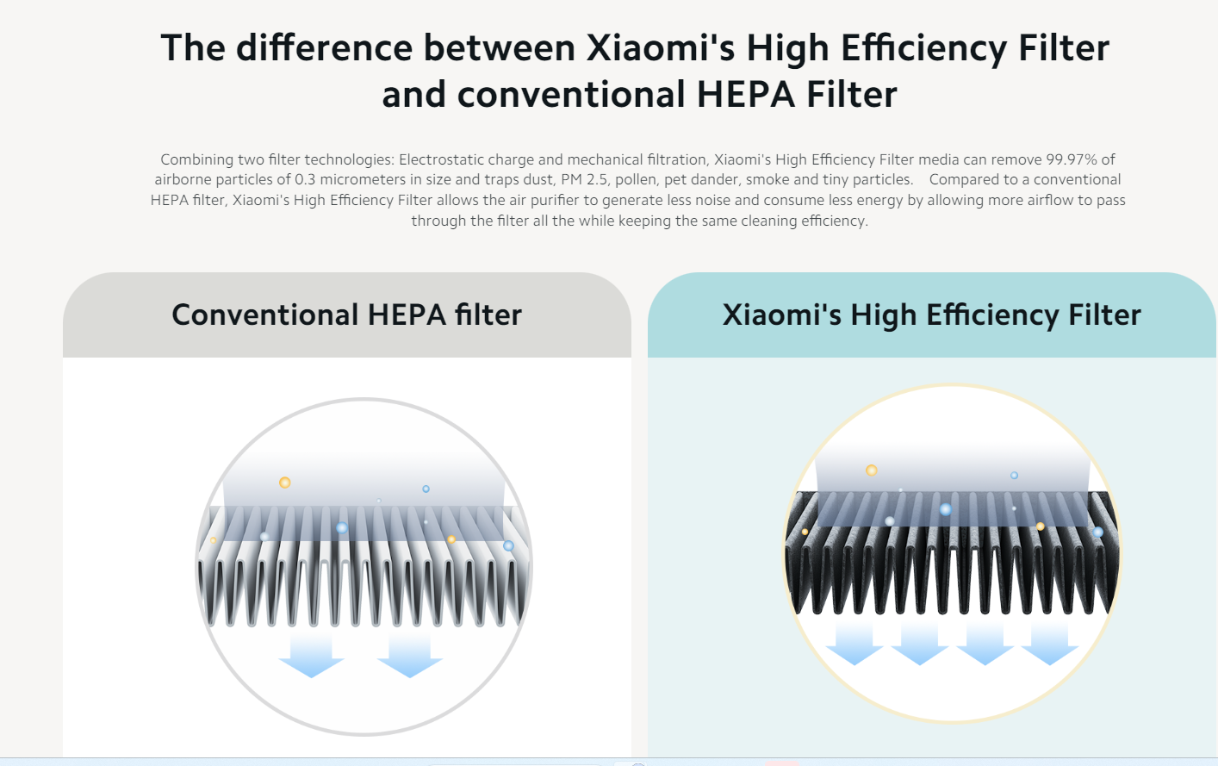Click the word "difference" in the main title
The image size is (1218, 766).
pyautogui.click(x=324, y=48)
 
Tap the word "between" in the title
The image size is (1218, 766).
pyautogui.click(x=500, y=48)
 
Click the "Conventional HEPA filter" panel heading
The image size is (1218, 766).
pyautogui.click(x=347, y=315)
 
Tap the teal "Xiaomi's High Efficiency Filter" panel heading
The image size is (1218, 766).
pyautogui.click(x=931, y=315)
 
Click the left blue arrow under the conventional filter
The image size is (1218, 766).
pyautogui.click(x=311, y=655)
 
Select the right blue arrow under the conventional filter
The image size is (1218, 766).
pyautogui.click(x=410, y=655)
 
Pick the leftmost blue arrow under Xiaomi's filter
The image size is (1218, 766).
pyautogui.click(x=854, y=645)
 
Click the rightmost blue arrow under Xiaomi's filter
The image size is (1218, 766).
pyautogui.click(x=1050, y=645)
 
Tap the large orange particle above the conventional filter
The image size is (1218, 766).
pyautogui.click(x=285, y=483)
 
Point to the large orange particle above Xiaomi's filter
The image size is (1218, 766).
pyautogui.click(x=872, y=470)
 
